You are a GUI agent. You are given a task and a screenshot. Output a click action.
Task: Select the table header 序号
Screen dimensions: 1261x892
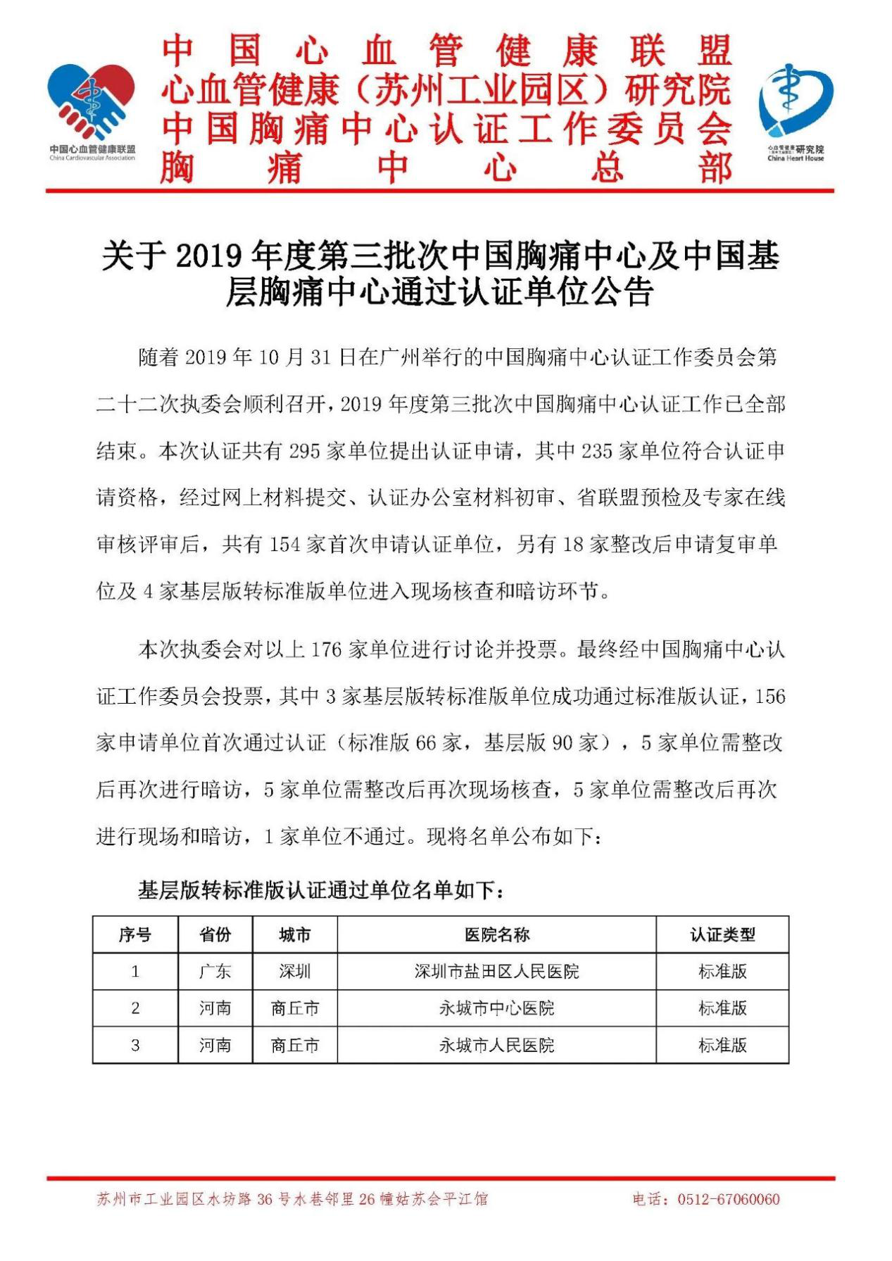coord(134,934)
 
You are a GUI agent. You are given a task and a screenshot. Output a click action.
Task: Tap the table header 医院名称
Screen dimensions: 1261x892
coord(496,934)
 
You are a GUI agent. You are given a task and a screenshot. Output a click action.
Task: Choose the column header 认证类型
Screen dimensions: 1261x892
coord(722,934)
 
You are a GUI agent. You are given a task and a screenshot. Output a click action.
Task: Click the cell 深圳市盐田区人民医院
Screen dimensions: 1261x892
coord(496,972)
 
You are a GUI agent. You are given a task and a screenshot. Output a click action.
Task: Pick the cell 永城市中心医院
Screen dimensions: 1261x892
coord(496,1008)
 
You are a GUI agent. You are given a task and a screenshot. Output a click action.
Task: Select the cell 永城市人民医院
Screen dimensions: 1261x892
coord(496,1045)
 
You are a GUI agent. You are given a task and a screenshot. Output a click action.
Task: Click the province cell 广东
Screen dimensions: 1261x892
coord(215,972)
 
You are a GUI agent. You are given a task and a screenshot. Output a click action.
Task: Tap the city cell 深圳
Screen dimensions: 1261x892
coord(294,972)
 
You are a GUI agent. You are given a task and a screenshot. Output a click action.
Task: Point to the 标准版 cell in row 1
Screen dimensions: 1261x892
coord(722,972)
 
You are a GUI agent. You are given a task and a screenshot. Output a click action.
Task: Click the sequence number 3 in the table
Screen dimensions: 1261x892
coord(134,1045)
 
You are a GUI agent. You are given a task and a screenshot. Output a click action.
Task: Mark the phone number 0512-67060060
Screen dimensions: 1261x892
coord(729,1199)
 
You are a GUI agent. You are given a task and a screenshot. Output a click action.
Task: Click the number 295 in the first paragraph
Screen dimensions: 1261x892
coord(305,451)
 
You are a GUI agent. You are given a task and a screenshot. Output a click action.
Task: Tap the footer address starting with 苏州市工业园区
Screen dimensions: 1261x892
coord(291,1199)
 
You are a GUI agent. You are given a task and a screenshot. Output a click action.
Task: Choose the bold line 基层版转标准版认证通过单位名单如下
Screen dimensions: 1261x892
coord(321,891)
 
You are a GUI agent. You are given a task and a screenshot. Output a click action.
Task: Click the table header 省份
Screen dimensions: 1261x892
coord(215,934)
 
